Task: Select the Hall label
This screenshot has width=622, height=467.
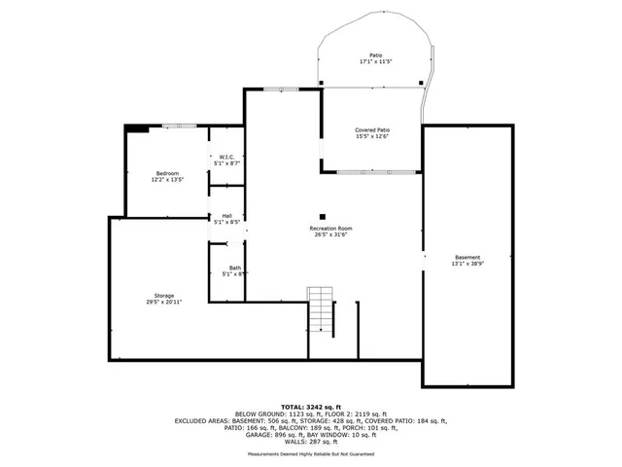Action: tap(226, 216)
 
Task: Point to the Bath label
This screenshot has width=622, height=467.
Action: tap(235, 268)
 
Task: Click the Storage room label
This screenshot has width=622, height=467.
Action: tap(164, 295)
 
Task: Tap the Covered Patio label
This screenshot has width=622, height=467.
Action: tap(372, 129)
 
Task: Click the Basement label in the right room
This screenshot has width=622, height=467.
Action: tap(466, 257)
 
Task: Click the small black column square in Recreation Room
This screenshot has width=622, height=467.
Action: tap(323, 217)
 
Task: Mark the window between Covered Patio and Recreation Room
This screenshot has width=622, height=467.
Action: tap(378, 172)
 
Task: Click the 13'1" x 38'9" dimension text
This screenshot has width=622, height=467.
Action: tap(466, 264)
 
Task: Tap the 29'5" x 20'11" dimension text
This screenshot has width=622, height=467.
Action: tap(164, 302)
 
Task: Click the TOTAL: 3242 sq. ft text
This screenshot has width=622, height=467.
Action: tap(312, 406)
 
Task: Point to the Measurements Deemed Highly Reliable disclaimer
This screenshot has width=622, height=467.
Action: tap(312, 454)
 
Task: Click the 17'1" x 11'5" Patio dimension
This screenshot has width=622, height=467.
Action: tap(375, 61)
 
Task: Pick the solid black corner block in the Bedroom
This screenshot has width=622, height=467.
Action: tap(137, 126)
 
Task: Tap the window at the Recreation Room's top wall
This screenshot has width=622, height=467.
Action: tap(282, 90)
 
